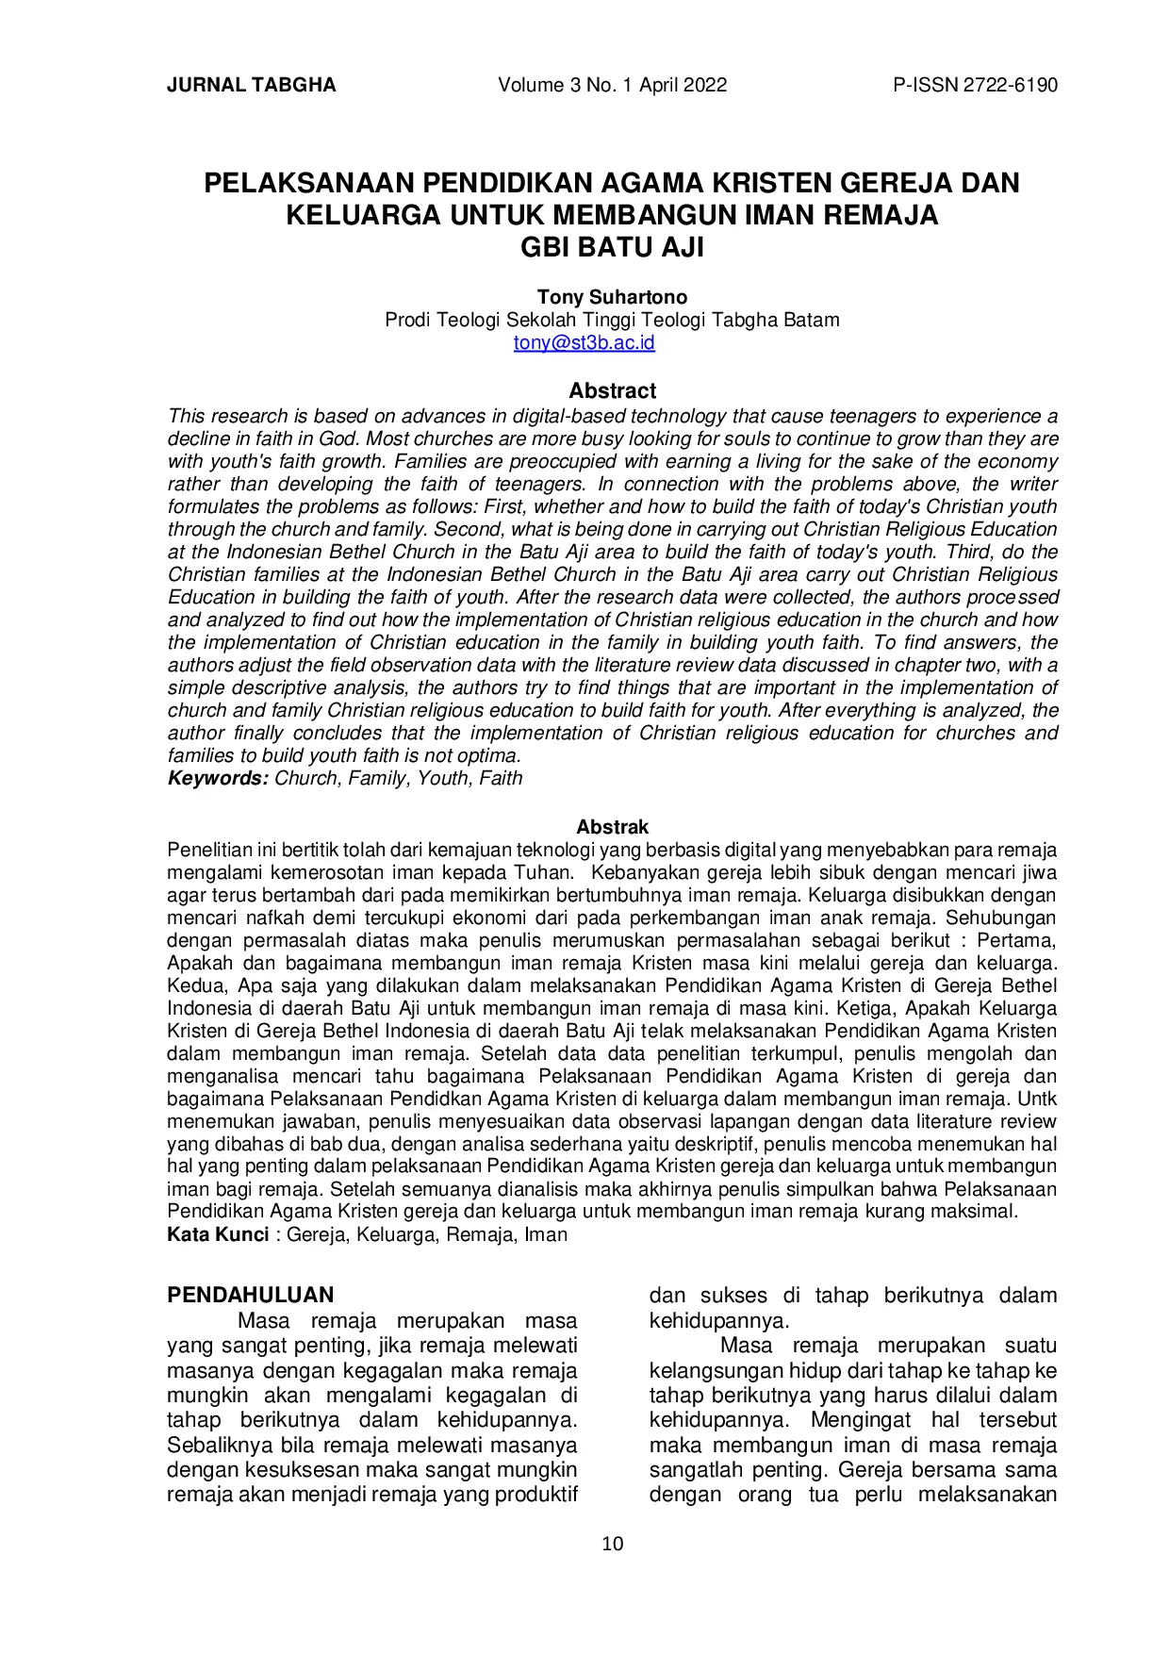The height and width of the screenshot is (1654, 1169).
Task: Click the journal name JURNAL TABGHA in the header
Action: tap(251, 85)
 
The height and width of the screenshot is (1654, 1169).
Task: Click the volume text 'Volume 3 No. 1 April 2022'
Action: tap(612, 85)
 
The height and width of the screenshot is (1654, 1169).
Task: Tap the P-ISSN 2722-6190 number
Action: tap(975, 85)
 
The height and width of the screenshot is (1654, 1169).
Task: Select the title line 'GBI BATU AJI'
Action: tap(612, 249)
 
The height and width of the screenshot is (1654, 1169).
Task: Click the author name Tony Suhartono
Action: tap(612, 297)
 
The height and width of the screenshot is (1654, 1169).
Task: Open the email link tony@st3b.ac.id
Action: tap(584, 342)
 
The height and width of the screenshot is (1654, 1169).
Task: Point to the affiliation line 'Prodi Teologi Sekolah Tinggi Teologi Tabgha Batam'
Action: tap(612, 320)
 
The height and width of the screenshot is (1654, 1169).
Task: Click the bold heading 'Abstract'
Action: tap(612, 390)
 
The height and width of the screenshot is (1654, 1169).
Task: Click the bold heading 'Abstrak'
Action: tap(612, 827)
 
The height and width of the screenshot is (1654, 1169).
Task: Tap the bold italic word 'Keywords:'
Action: tap(218, 778)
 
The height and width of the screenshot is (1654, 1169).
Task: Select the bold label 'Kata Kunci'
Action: tap(217, 1234)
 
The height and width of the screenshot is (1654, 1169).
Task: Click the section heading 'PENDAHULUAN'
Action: tap(250, 1295)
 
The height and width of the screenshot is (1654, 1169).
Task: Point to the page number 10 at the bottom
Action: tap(612, 1544)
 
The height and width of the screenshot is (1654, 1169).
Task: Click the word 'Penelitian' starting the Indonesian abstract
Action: tap(208, 850)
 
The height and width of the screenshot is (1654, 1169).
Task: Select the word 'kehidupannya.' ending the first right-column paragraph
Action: tap(718, 1320)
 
